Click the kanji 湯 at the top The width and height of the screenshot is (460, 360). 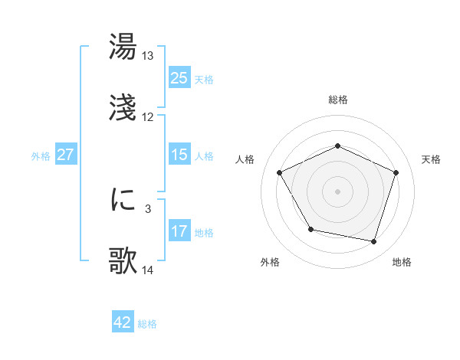click(x=123, y=47)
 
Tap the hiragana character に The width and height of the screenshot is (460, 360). click(x=123, y=201)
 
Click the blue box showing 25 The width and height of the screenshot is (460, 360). click(x=179, y=78)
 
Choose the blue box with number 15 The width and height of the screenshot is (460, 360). click(x=179, y=155)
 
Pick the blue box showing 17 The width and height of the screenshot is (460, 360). click(x=179, y=231)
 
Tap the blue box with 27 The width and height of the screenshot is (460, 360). click(x=65, y=155)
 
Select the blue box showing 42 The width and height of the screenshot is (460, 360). click(x=122, y=322)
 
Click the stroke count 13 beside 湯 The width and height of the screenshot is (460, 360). click(x=148, y=56)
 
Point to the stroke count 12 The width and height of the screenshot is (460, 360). click(x=148, y=117)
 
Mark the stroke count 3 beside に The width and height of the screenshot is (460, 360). click(x=149, y=208)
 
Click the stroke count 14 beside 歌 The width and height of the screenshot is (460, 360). click(x=148, y=270)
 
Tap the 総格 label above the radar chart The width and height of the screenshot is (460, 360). click(x=338, y=100)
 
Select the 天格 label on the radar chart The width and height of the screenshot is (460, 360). click(x=432, y=159)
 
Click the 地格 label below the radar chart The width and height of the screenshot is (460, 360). click(x=402, y=263)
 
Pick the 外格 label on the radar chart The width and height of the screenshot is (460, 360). click(x=270, y=263)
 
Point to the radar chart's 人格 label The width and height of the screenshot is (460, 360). click(x=245, y=159)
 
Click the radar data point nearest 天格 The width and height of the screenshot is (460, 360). click(x=396, y=172)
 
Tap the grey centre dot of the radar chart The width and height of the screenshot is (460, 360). click(x=338, y=191)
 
